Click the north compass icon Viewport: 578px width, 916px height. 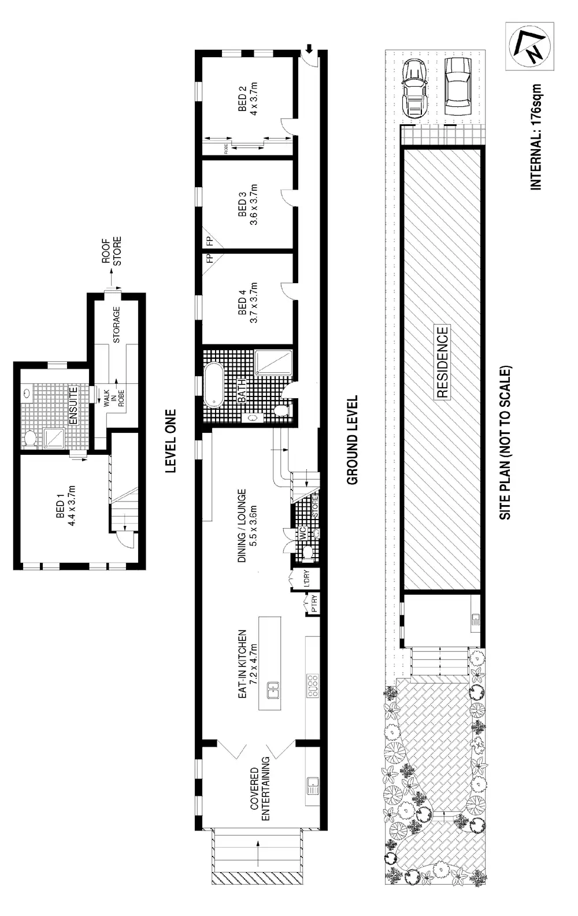[x=529, y=46]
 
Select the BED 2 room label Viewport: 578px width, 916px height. [x=247, y=99]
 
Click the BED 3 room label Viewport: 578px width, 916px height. [x=247, y=205]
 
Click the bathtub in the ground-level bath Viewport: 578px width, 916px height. [x=214, y=384]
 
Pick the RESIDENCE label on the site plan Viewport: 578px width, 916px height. [x=442, y=363]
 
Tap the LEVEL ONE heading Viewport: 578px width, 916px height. [x=170, y=442]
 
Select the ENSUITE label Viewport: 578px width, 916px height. [x=73, y=406]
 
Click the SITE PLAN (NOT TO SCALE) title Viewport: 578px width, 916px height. [x=505, y=443]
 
